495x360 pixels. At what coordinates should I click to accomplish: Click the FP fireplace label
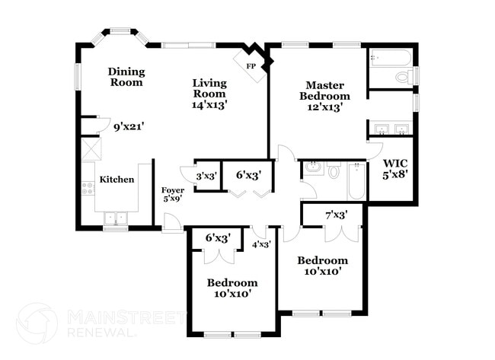point(251,66)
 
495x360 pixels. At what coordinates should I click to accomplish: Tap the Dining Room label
point(126,77)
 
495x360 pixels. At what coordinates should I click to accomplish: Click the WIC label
point(394,163)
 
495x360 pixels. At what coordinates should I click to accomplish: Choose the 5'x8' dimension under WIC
point(394,174)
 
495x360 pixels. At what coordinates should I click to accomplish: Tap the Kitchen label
point(117,180)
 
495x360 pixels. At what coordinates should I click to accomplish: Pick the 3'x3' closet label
point(206,176)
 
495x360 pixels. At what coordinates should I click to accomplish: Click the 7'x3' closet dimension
point(336,215)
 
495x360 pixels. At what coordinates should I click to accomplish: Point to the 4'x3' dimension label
point(261,244)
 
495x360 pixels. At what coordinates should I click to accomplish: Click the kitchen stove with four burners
point(88,186)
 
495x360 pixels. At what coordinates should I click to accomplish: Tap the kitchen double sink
point(116,218)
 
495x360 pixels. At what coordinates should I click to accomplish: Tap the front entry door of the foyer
point(171,225)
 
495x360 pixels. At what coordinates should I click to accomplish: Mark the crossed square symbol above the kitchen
point(88,147)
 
